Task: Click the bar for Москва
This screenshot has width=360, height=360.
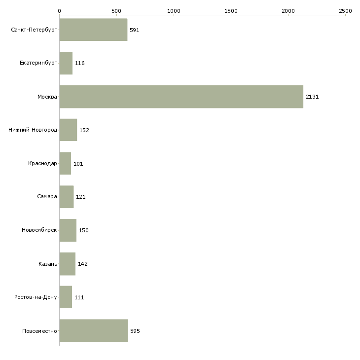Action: tap(181, 97)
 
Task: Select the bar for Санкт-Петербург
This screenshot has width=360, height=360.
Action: tap(93, 30)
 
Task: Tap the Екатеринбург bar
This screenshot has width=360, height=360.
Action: tap(66, 63)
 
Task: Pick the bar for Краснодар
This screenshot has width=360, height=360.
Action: tap(65, 163)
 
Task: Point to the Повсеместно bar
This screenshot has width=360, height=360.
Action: tap(94, 330)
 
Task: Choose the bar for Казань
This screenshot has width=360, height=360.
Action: tap(68, 264)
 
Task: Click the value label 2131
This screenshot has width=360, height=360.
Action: tap(312, 97)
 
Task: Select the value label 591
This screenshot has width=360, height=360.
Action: tap(135, 30)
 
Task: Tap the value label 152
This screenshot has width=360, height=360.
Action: tap(84, 130)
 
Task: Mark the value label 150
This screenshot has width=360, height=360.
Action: tap(84, 230)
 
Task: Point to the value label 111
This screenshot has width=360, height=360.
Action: tap(79, 297)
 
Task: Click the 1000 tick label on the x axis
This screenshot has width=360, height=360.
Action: tap(174, 11)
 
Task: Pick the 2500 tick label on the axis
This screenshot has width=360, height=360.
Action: tap(345, 11)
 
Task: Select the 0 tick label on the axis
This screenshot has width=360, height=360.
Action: tap(60, 11)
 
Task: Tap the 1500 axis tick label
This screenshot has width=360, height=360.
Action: tap(231, 11)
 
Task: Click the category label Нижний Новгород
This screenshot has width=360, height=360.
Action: tap(33, 130)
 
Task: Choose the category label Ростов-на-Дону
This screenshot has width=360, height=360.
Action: tap(36, 297)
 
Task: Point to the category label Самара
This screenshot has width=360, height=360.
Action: tap(47, 197)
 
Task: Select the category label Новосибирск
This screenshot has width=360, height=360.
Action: tap(39, 230)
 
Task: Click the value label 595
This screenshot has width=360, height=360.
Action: tap(135, 331)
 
